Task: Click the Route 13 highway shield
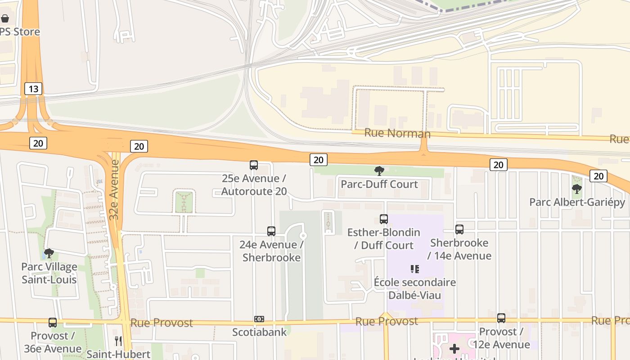point(33,89)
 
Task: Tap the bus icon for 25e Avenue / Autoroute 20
point(254,165)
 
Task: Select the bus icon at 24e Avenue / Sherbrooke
point(271,231)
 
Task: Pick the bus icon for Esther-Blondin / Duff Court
point(384,219)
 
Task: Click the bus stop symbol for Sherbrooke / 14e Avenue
point(459,229)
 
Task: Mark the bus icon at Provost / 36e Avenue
point(53,323)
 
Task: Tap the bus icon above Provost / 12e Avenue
point(501,318)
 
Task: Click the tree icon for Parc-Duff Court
point(379,171)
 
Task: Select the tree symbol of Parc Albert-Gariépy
point(577,189)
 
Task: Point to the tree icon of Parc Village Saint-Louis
point(49,254)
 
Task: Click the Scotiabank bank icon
point(259,319)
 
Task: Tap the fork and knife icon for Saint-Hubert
point(118,341)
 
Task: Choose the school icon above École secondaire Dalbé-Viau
point(415,269)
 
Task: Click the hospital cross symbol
point(454,348)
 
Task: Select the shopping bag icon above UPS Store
point(5,18)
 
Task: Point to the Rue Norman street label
point(397,133)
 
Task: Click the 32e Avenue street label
point(114,189)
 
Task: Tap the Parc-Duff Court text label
point(379,184)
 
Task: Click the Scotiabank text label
point(259,332)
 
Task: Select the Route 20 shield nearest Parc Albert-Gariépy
point(598,176)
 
